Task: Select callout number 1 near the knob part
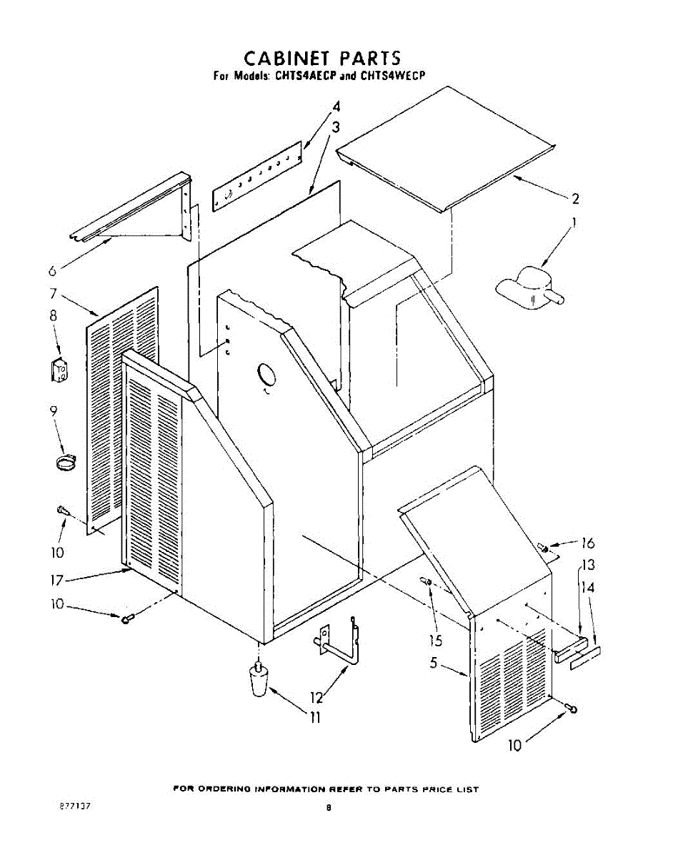pos(574,222)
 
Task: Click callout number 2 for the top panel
pos(574,198)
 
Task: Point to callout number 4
pos(335,107)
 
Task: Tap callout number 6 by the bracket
pos(52,271)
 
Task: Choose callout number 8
pos(53,315)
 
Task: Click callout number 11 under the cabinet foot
pos(314,718)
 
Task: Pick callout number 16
pos(587,543)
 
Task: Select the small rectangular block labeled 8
pos(58,369)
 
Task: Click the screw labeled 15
pos(427,582)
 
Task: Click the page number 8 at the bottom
pos(329,808)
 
